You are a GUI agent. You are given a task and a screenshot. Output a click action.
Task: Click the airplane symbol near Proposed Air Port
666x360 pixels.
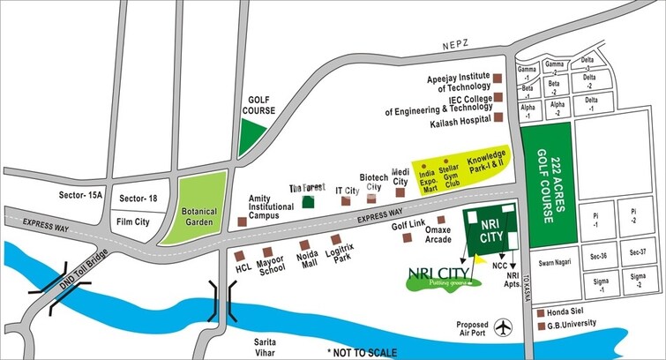pyautogui.click(x=504, y=326)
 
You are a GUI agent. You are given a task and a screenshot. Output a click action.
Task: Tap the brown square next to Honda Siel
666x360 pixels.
pyautogui.click(x=540, y=312)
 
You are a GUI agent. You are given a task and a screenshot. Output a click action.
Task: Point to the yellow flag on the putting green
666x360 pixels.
pyautogui.click(x=479, y=260)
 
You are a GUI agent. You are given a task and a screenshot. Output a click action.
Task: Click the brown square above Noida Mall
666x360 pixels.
pyautogui.click(x=304, y=244)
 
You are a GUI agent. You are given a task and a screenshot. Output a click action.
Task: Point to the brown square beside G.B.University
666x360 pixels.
pyautogui.click(x=540, y=327)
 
